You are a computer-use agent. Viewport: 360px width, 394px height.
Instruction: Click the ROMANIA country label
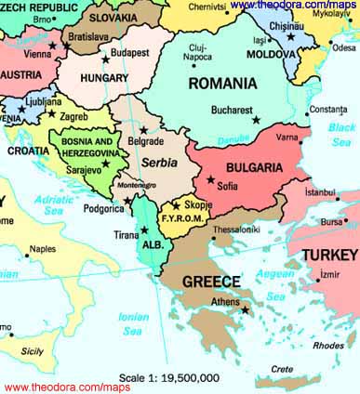click(222, 84)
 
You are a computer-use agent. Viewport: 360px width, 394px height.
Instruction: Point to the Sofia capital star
click(211, 178)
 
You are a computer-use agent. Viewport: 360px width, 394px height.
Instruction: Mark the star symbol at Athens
click(246, 310)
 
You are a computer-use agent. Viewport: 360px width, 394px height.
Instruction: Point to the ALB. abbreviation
click(151, 245)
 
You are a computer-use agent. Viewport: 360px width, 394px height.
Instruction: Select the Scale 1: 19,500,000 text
click(169, 378)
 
